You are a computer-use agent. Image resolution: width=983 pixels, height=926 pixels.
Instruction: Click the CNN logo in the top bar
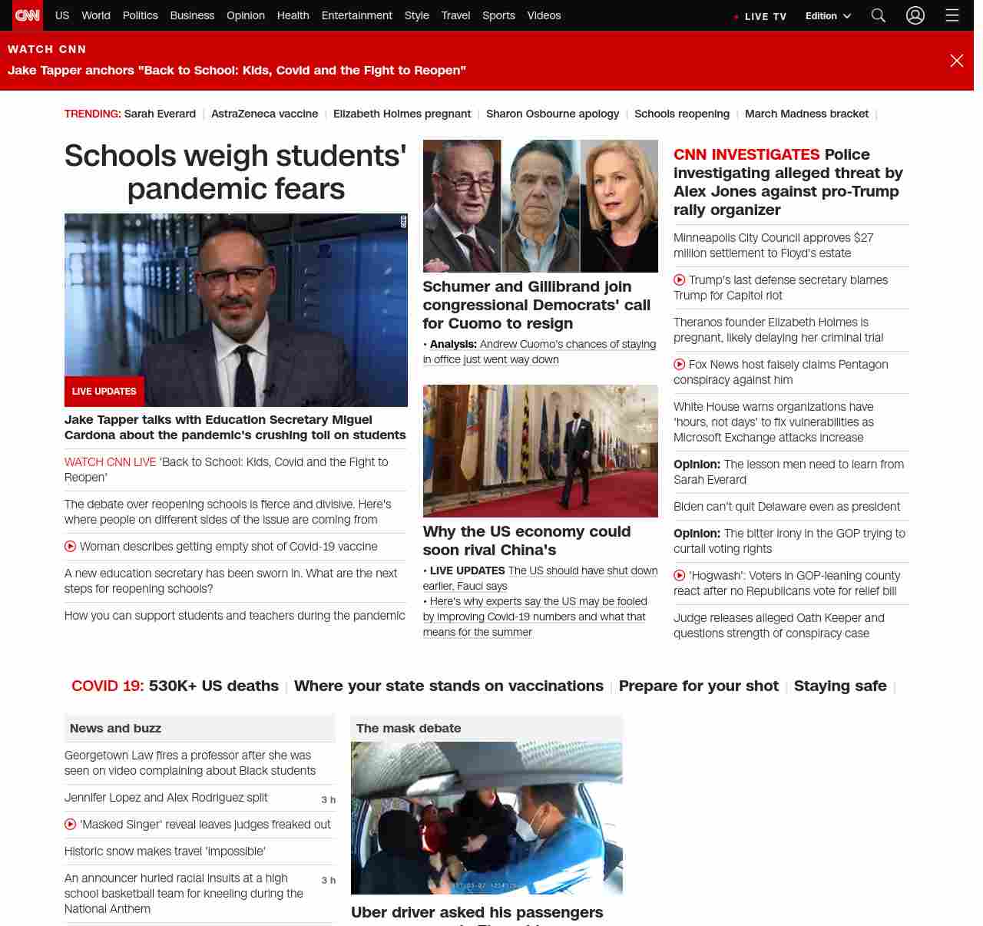[28, 15]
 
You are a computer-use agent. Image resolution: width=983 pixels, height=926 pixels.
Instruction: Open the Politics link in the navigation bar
[140, 15]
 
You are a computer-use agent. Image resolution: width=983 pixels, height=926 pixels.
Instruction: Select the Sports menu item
[498, 15]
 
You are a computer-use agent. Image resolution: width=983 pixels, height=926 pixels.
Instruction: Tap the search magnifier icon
[879, 15]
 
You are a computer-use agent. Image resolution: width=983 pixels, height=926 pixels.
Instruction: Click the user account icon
[915, 15]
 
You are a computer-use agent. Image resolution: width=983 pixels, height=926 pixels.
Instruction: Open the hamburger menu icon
[952, 15]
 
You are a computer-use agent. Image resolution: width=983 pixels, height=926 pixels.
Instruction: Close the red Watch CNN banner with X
[956, 61]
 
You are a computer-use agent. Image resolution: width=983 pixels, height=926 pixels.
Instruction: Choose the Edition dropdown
[828, 16]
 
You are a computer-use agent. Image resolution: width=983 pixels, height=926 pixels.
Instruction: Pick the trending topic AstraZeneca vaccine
[264, 114]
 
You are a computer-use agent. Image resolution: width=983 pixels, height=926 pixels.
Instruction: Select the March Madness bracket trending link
[806, 114]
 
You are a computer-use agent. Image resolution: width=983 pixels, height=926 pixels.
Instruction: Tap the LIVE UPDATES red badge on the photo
[104, 392]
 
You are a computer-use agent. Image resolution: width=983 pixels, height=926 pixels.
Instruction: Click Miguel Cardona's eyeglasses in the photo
[237, 277]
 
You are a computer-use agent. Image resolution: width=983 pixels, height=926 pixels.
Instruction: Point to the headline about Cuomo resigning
[536, 305]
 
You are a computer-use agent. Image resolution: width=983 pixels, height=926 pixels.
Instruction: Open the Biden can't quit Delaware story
[786, 507]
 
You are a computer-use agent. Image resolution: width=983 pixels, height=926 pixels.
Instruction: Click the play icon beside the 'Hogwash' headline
[680, 576]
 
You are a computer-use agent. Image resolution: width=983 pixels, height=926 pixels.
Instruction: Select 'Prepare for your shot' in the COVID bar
[698, 686]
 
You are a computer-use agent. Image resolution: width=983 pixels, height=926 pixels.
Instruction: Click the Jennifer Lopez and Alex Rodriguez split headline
[166, 798]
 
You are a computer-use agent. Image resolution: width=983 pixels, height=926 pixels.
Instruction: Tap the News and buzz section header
[115, 728]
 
